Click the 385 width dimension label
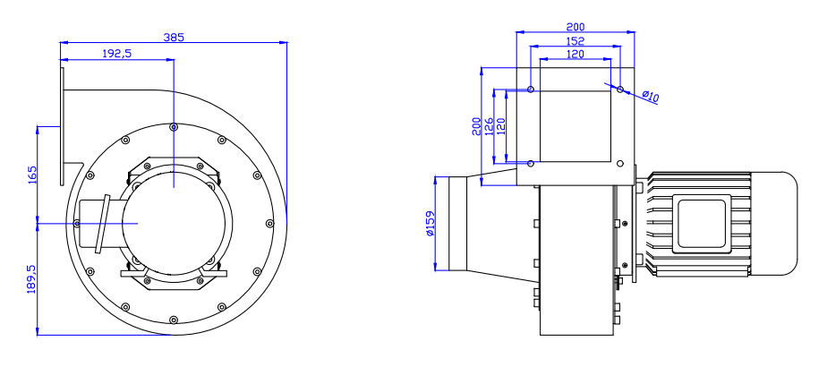[175, 38]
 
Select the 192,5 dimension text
[117, 54]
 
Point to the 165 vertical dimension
[32, 173]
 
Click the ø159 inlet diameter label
[431, 223]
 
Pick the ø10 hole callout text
[651, 96]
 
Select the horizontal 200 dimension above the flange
[575, 27]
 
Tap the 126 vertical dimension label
[489, 125]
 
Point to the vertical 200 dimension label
[477, 125]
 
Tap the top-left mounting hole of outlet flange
[531, 90]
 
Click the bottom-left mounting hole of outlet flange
[531, 163]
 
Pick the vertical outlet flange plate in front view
[63, 125]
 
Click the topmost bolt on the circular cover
[174, 126]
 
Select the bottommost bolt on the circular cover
[172, 318]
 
